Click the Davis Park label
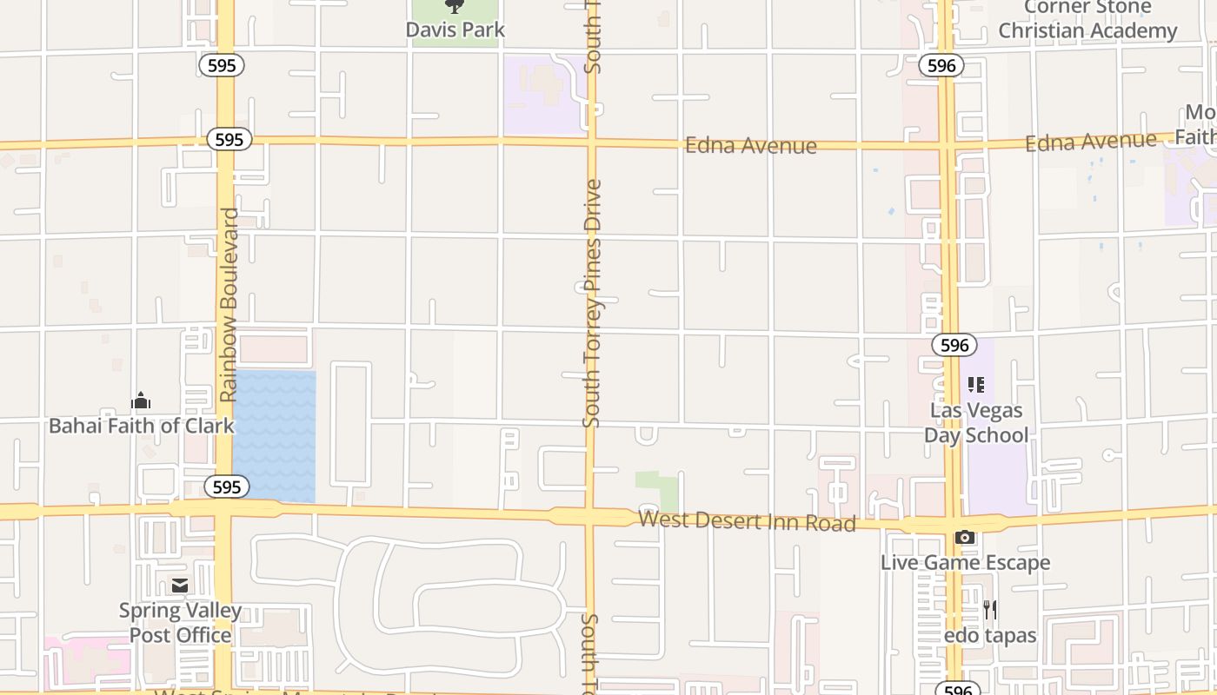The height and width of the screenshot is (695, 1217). point(455,30)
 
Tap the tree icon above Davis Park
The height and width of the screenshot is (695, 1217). point(455,7)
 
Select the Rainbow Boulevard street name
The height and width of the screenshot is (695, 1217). point(229,304)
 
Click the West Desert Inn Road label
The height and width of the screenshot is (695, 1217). point(747,521)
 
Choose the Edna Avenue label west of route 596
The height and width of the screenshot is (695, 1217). point(750,145)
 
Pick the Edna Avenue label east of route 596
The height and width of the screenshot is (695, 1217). point(1090,141)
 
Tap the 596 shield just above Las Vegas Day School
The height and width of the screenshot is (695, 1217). point(954,345)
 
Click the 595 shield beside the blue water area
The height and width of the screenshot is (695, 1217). point(226,486)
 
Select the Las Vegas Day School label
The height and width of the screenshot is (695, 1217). point(976,422)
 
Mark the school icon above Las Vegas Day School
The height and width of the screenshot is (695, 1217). point(976,384)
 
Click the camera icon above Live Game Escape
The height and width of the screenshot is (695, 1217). point(964,538)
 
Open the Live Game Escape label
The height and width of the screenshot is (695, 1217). point(965,563)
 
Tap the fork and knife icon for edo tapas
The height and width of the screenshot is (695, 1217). point(989,610)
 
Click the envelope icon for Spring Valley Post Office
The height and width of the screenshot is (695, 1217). point(180,586)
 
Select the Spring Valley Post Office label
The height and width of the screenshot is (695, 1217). point(180,623)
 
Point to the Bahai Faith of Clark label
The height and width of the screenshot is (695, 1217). point(141,426)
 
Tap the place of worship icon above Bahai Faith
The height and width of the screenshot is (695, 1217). point(141,400)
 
